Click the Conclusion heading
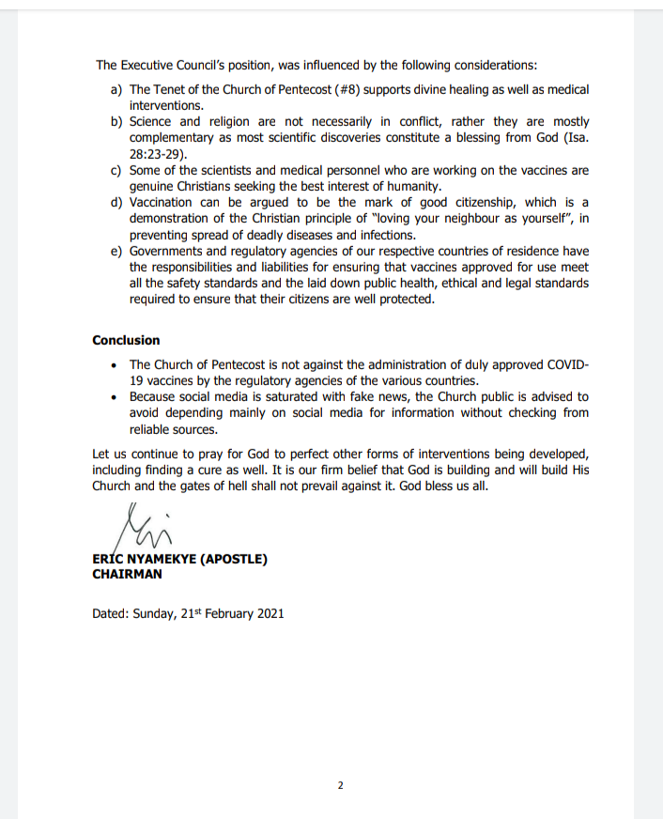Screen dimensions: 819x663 (126, 340)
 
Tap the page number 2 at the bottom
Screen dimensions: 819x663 (340, 785)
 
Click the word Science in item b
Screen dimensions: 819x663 (151, 122)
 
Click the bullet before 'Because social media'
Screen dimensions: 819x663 (114, 397)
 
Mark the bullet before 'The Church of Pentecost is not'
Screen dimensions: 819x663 (114, 365)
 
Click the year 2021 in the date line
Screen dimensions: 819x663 (267, 613)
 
